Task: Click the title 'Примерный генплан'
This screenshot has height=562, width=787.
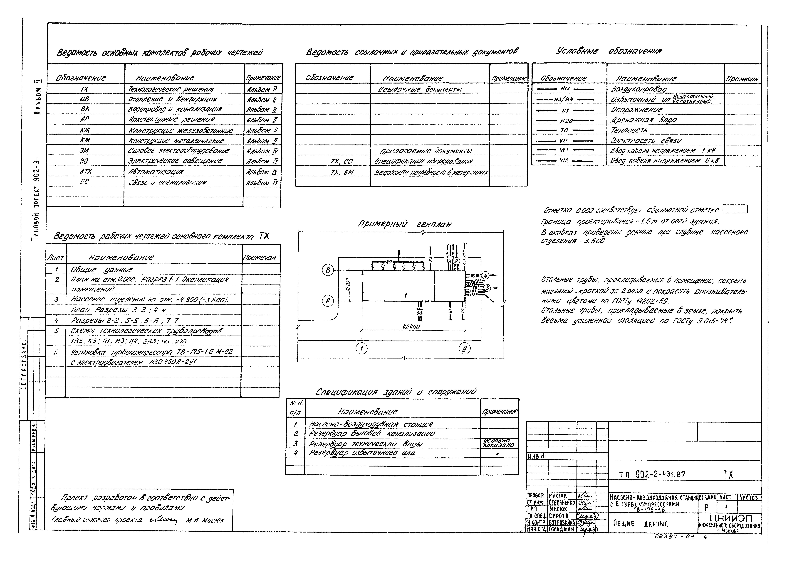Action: pos(404,224)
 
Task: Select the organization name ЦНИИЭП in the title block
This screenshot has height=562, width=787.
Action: pos(731,518)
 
